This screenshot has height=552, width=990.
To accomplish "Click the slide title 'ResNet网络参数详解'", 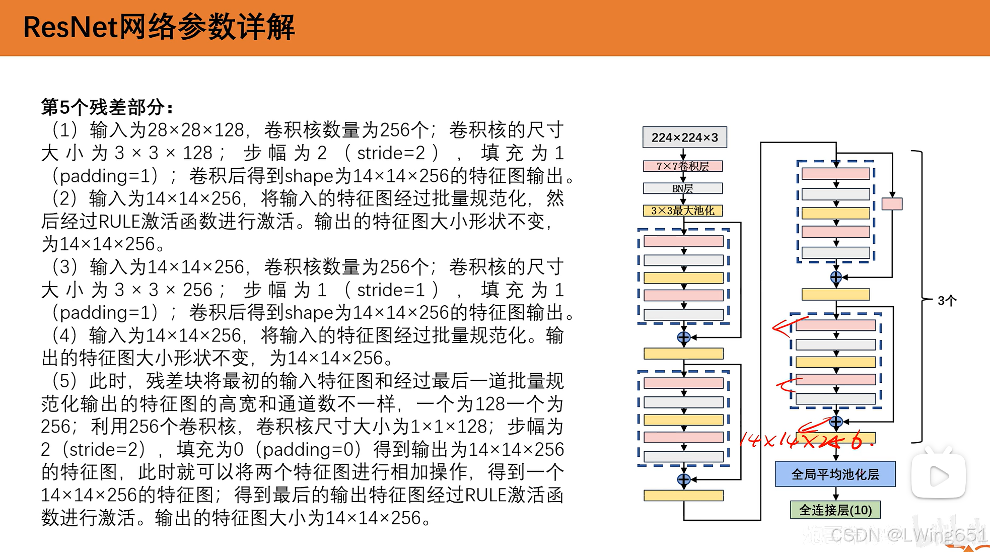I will pos(159,27).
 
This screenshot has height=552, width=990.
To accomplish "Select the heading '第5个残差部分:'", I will pos(107,107).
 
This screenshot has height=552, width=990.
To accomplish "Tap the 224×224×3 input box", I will pos(684,137).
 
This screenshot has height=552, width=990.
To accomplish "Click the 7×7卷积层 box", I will pos(682,166).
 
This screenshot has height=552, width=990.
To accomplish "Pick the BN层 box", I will pos(682,188).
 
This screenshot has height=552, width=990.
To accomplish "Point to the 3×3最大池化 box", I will pos(682,211).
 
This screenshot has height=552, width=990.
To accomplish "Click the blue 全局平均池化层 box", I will pos(835,474).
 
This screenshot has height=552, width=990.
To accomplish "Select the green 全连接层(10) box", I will pos(835,510).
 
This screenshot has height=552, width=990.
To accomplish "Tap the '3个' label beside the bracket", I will pos(947,301).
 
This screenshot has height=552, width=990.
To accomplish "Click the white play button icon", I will pos(938,476).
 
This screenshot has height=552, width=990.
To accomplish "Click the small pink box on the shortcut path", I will pos(892,204).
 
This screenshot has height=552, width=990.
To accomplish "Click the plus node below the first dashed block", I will pos(683,337).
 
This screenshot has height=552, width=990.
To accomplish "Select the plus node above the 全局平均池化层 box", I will pos(835,422).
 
